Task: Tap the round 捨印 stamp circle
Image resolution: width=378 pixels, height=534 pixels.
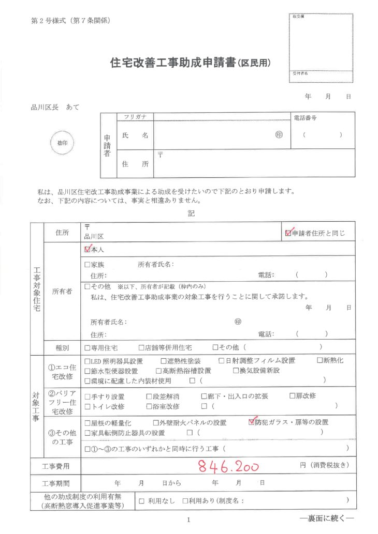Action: click(x=62, y=142)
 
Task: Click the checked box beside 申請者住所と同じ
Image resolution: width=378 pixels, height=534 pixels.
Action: click(x=288, y=233)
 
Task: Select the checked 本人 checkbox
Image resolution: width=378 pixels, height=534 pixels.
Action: click(x=88, y=249)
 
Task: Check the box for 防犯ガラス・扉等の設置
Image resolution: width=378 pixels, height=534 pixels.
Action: click(x=252, y=422)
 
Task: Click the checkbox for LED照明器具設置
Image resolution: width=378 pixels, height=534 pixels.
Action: click(x=88, y=361)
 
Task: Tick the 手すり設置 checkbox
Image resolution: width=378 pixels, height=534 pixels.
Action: click(x=88, y=396)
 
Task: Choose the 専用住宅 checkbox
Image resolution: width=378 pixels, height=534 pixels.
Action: click(x=88, y=347)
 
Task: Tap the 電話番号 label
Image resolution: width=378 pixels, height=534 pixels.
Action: click(x=305, y=118)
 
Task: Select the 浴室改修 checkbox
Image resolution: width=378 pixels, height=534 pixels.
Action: click(x=149, y=406)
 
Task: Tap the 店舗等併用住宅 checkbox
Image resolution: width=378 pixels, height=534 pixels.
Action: click(x=141, y=347)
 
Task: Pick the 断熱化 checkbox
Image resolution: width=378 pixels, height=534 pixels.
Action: click(x=319, y=361)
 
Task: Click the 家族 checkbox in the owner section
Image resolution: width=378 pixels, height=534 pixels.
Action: click(x=88, y=265)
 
